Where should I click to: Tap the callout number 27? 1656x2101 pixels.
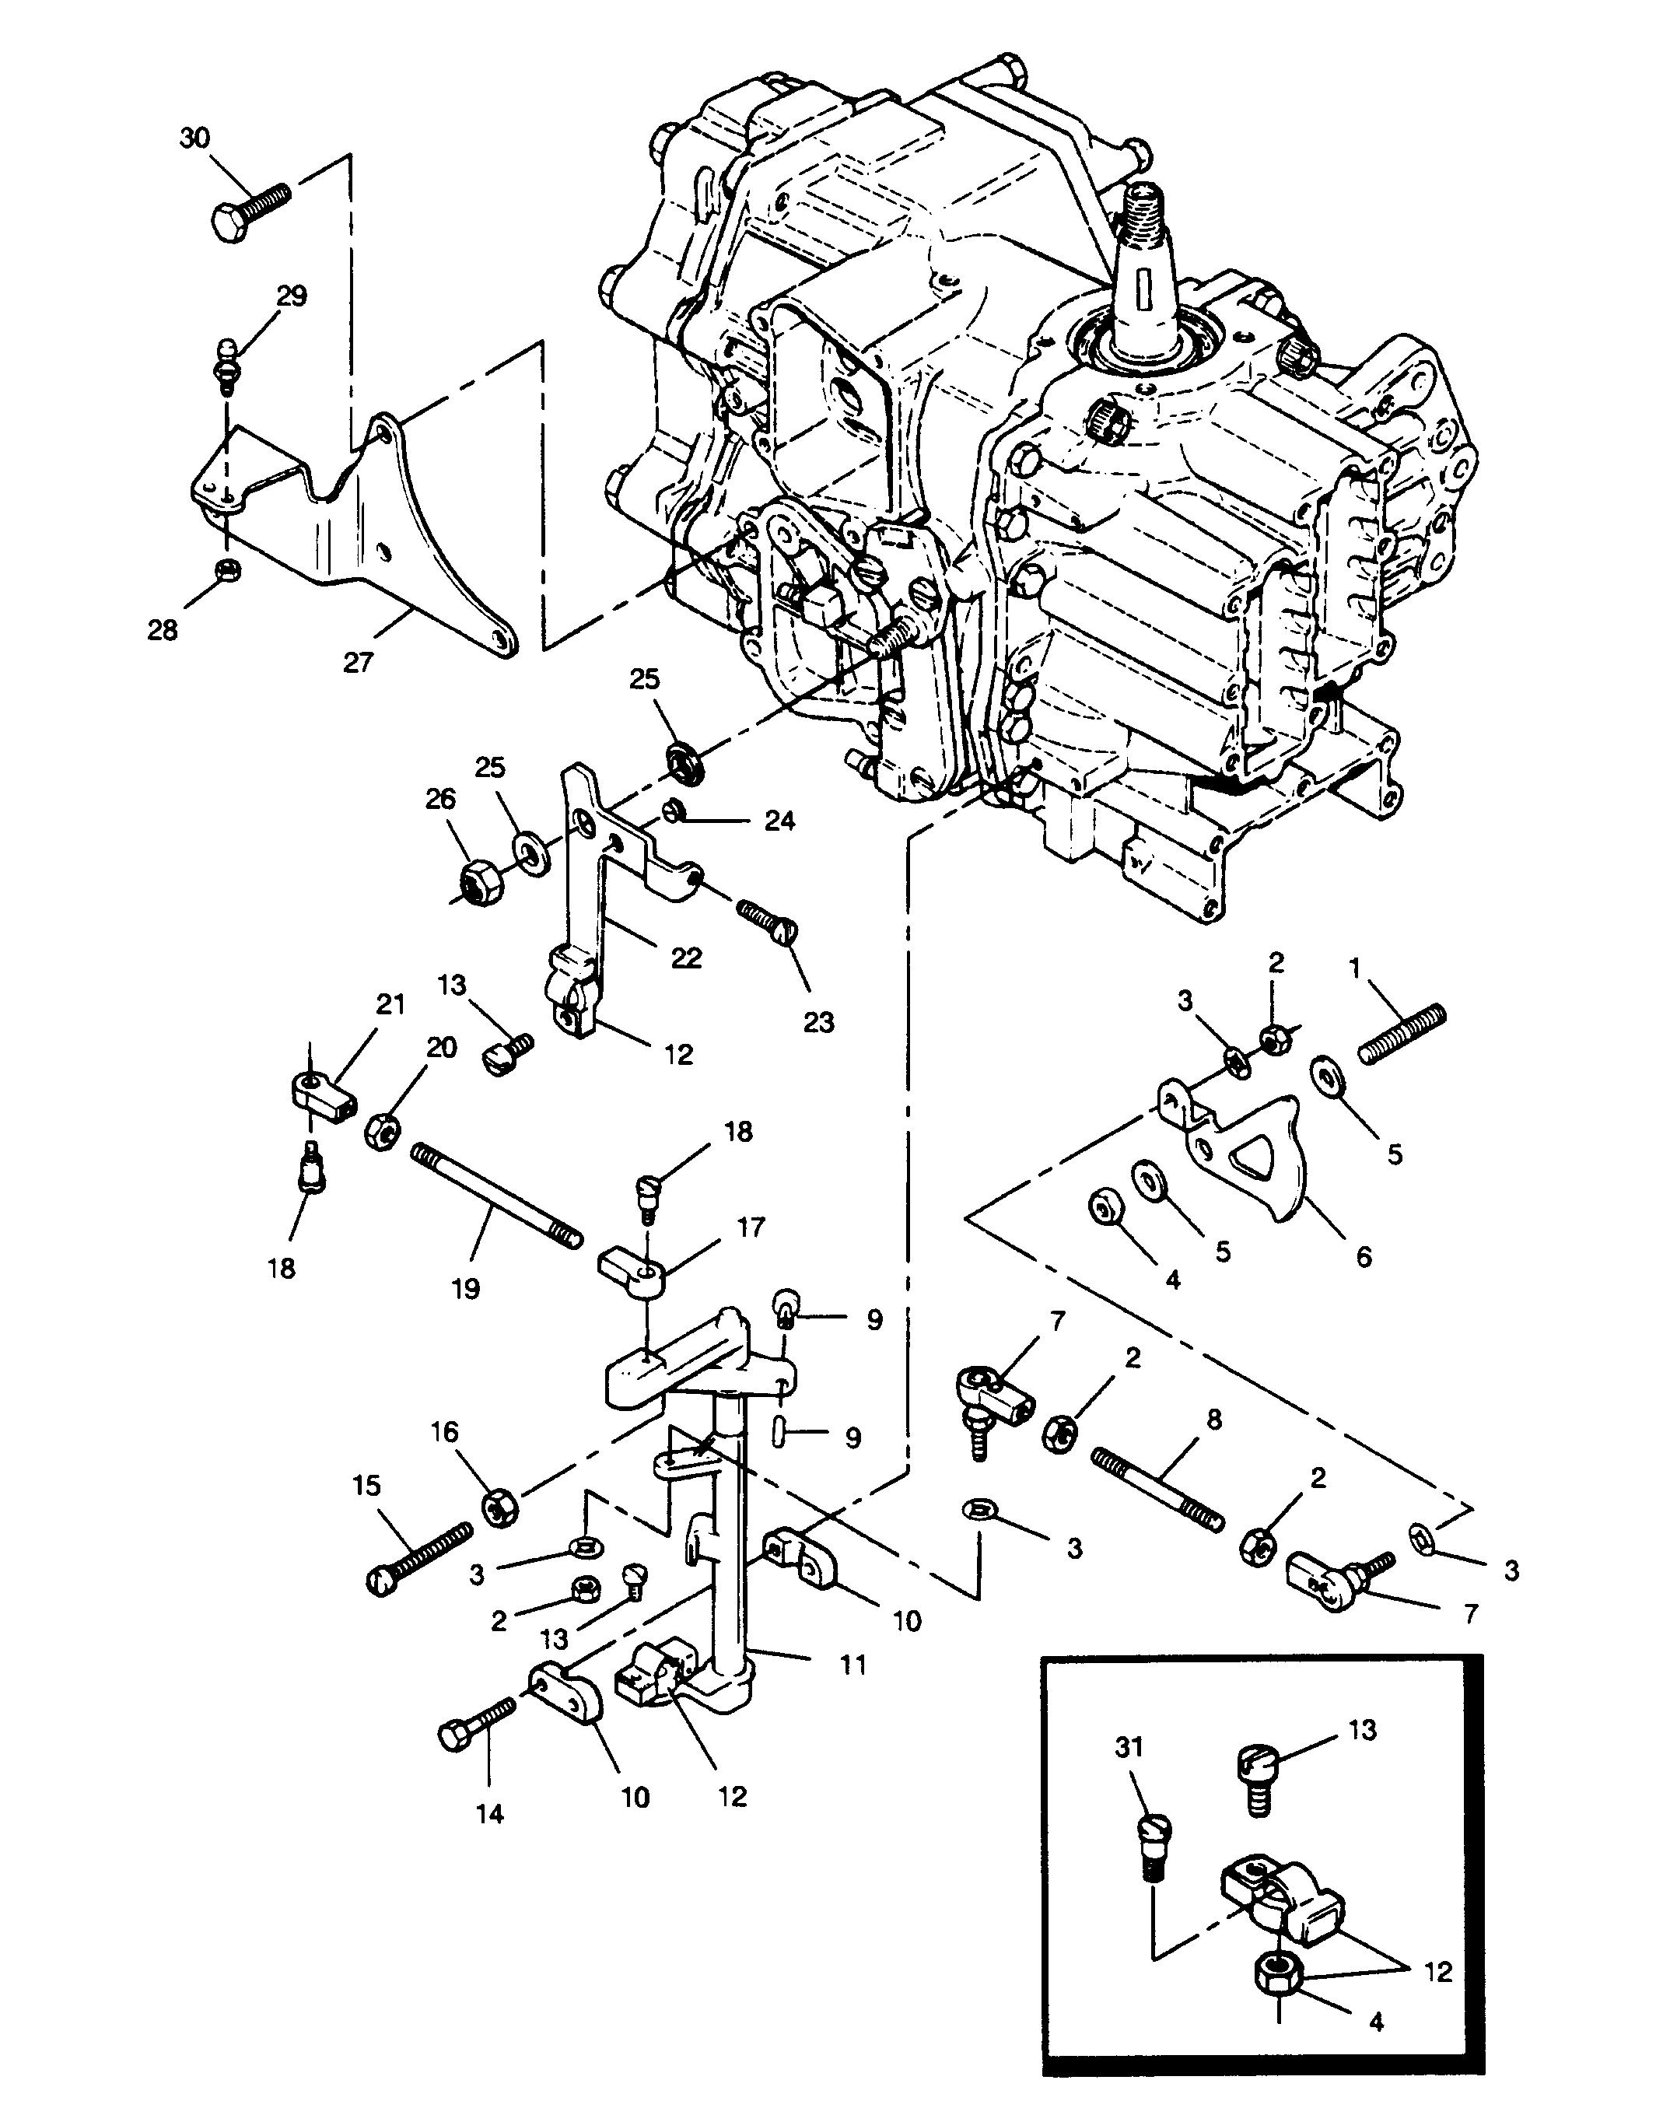[358, 664]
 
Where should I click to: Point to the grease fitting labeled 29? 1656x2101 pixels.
[226, 363]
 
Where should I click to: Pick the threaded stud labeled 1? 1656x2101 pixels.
[1402, 1034]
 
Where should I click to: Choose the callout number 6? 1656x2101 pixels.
[1364, 1256]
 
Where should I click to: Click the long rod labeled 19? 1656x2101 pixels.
[496, 1196]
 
